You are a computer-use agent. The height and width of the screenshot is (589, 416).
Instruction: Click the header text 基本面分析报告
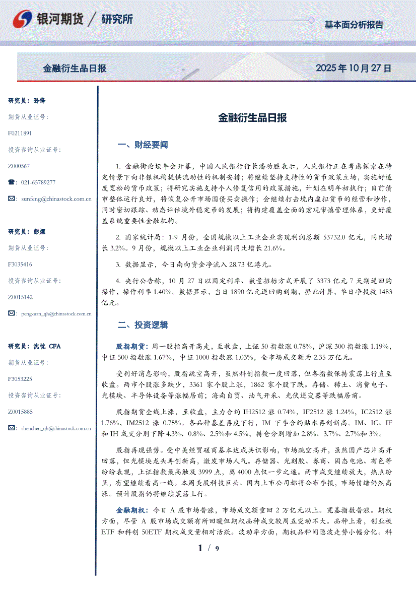pos(354,24)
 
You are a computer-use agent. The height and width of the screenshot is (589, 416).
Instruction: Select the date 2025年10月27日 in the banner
pos(353,68)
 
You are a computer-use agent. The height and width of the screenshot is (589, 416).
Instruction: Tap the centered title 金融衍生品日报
pos(252,118)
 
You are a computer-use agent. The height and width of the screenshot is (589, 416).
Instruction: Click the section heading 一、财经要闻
pos(142,145)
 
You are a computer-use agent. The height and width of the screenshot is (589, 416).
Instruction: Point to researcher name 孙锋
pos(39,101)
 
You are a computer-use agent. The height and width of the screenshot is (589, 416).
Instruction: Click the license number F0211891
pos(20,133)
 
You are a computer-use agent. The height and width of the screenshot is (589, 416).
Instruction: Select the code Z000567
pos(19,166)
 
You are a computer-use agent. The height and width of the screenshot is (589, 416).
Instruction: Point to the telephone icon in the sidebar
pos(12,182)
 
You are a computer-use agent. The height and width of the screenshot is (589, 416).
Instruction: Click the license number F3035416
pos(20,264)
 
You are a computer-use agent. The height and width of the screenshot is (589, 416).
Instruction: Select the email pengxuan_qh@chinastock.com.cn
pos(56,313)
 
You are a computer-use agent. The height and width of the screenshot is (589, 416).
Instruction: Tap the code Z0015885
pos(20,412)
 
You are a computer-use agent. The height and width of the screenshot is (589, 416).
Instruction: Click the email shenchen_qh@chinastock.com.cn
pos(56,428)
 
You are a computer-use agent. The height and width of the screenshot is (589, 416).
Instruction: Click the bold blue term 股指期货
pos(130,347)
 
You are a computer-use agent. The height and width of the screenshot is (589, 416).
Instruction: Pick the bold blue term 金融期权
pos(130,510)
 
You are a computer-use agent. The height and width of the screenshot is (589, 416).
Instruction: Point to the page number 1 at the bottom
pos(201,548)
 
